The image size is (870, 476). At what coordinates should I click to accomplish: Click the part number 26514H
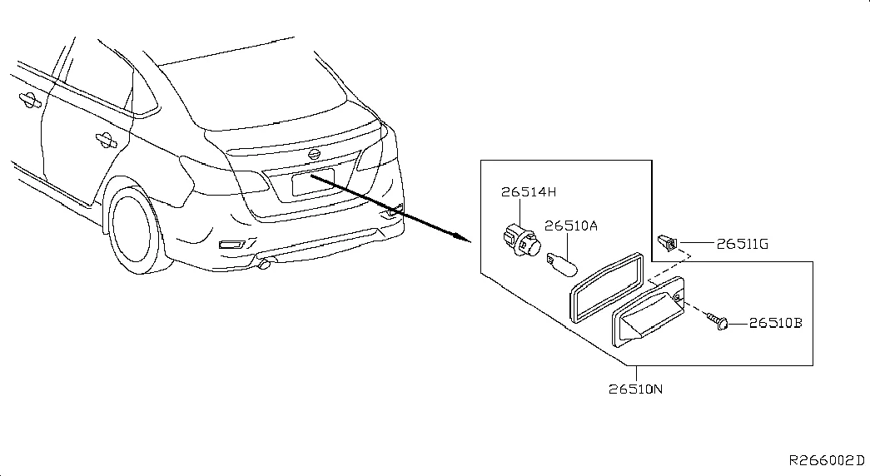pyautogui.click(x=528, y=192)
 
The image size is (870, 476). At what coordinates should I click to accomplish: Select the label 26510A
pyautogui.click(x=570, y=226)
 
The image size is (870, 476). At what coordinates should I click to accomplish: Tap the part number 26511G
pyautogui.click(x=743, y=244)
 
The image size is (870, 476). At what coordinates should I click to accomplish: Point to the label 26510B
pyautogui.click(x=776, y=322)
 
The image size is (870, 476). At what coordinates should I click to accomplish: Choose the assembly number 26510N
pyautogui.click(x=635, y=389)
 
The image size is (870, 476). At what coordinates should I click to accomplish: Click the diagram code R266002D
pyautogui.click(x=827, y=460)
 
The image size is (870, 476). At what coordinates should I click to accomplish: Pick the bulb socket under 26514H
pyautogui.click(x=520, y=240)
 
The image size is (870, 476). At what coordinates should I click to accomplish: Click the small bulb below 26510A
pyautogui.click(x=562, y=264)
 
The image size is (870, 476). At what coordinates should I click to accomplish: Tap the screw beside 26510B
pyautogui.click(x=718, y=320)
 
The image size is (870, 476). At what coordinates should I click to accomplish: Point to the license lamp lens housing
pyautogui.click(x=648, y=312)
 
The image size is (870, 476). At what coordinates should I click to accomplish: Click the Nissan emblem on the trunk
pyautogui.click(x=314, y=154)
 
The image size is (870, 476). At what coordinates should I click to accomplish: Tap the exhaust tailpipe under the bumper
pyautogui.click(x=265, y=263)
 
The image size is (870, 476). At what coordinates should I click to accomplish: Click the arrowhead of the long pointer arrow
pyautogui.click(x=461, y=237)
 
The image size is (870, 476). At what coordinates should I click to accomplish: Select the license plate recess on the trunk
pyautogui.click(x=313, y=182)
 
